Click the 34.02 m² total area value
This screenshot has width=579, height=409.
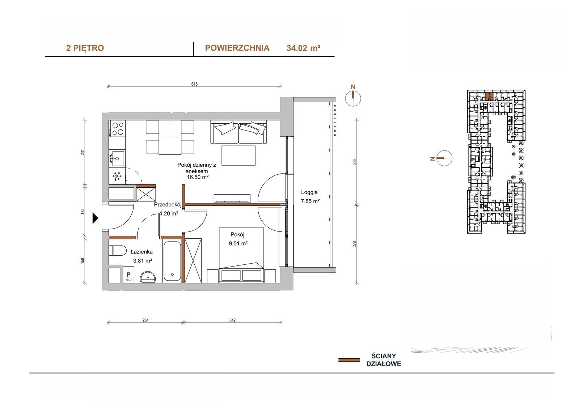304,48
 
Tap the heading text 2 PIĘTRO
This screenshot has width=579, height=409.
85,48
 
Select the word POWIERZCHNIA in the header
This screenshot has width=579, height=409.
237,48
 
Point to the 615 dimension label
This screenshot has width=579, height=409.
194,84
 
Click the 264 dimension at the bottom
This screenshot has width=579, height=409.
145,320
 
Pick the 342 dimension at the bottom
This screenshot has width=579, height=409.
232,320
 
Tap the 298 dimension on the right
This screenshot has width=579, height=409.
354,162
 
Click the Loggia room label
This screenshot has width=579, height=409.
309,192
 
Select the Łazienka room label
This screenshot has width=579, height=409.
141,252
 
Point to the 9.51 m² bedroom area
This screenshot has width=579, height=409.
238,243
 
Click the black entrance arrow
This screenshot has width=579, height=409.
96,218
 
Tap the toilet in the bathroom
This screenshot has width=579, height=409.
117,251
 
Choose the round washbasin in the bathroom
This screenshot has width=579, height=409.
148,277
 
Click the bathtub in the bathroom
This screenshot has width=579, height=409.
172,261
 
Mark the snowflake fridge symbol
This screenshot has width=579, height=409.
117,176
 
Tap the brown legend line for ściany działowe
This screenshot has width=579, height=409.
349,360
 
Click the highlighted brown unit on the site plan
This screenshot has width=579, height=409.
487,97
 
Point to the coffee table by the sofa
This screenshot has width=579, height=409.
238,155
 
